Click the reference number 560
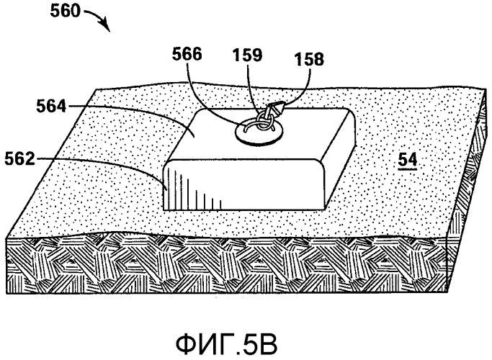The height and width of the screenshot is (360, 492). tap(66, 12)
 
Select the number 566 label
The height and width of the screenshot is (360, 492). tap(187, 54)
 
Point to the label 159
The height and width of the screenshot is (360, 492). tap(247, 55)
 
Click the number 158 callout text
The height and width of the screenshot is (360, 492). tap(309, 59)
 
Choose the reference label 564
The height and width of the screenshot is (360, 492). tap(51, 106)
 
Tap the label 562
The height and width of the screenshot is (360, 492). tap(19, 159)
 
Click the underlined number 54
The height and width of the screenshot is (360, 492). tap(408, 160)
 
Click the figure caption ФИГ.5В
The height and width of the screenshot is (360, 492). tap(226, 344)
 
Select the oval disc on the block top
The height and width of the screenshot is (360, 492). tap(259, 134)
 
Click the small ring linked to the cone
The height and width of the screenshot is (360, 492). tap(263, 121)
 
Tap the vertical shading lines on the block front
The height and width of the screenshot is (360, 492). tap(192, 189)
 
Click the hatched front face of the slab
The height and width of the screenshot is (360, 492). tap(226, 266)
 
